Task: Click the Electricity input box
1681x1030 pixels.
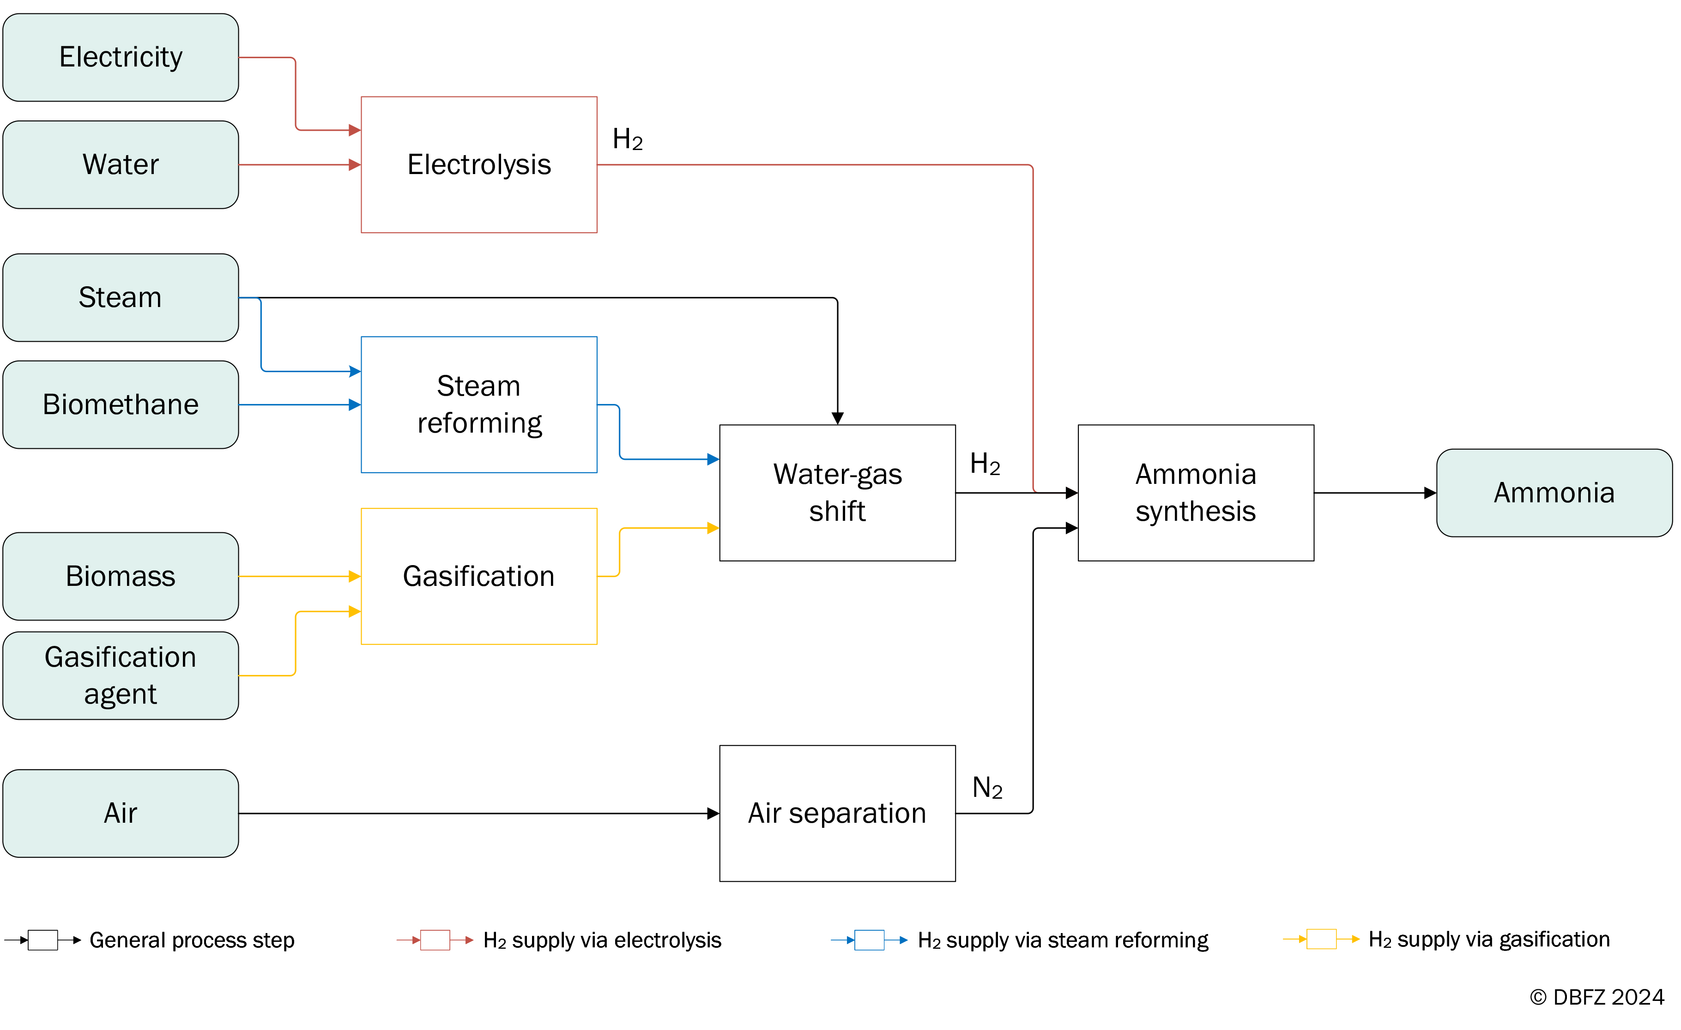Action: click(x=121, y=57)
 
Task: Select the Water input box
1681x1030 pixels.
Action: click(x=121, y=164)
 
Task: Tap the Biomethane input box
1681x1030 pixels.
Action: click(x=121, y=404)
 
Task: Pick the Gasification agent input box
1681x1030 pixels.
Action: click(x=121, y=675)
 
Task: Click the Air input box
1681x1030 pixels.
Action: click(x=121, y=813)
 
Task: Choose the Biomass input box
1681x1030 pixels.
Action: click(x=121, y=576)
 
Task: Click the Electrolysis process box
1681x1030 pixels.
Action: click(x=479, y=164)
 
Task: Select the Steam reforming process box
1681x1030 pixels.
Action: click(x=479, y=404)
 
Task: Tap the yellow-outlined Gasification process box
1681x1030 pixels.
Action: click(x=479, y=576)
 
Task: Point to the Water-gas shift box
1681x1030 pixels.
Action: click(x=837, y=493)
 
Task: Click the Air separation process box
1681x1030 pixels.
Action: click(x=837, y=813)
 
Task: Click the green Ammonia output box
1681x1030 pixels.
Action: click(x=1554, y=493)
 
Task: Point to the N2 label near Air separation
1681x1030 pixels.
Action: click(x=987, y=788)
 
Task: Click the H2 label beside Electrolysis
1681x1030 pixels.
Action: click(x=628, y=139)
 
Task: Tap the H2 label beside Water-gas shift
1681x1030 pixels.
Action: click(x=985, y=464)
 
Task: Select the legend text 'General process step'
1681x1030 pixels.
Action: click(x=192, y=940)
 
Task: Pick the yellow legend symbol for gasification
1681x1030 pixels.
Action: click(x=1321, y=939)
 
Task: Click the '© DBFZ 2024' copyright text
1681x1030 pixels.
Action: click(x=1596, y=997)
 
